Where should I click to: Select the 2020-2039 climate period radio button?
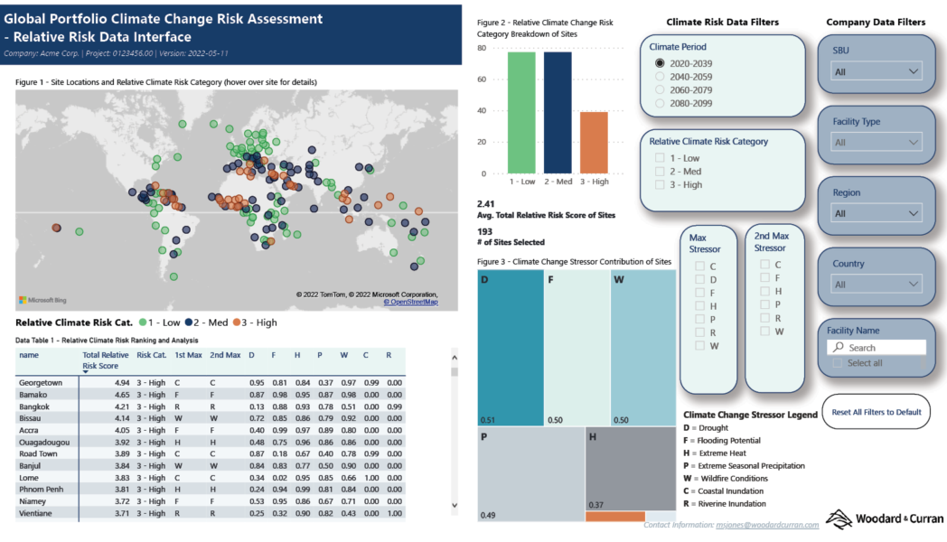pyautogui.click(x=660, y=63)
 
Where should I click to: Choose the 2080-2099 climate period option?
pyautogui.click(x=660, y=104)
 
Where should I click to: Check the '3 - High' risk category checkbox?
pyautogui.click(x=661, y=184)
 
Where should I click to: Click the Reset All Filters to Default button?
pyautogui.click(x=876, y=412)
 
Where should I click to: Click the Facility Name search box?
pyautogui.click(x=877, y=347)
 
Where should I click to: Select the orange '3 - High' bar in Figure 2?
pyautogui.click(x=594, y=142)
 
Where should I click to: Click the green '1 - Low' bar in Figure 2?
pyautogui.click(x=521, y=112)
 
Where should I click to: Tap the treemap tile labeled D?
pyautogui.click(x=510, y=347)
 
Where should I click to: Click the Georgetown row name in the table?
pyautogui.click(x=41, y=383)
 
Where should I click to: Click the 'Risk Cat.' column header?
pyautogui.click(x=151, y=355)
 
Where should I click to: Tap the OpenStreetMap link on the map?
pyautogui.click(x=410, y=302)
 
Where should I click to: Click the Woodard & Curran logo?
pyautogui.click(x=885, y=519)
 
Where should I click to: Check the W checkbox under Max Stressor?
pyautogui.click(x=699, y=346)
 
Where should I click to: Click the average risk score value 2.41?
pyautogui.click(x=485, y=204)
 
